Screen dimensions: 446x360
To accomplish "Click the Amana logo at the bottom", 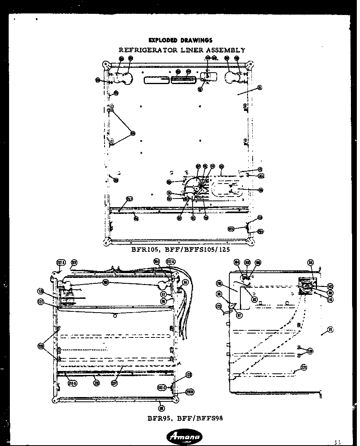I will [x=185, y=436].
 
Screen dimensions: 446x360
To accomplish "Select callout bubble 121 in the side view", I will [x=304, y=367].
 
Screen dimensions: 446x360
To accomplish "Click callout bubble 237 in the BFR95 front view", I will [x=114, y=382].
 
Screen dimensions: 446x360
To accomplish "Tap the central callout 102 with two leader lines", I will [x=106, y=283].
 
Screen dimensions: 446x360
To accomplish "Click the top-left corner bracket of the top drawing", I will [x=105, y=64].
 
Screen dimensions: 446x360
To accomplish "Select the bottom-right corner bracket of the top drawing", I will [x=250, y=240].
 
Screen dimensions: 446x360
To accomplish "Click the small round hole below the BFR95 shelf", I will [x=114, y=316].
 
